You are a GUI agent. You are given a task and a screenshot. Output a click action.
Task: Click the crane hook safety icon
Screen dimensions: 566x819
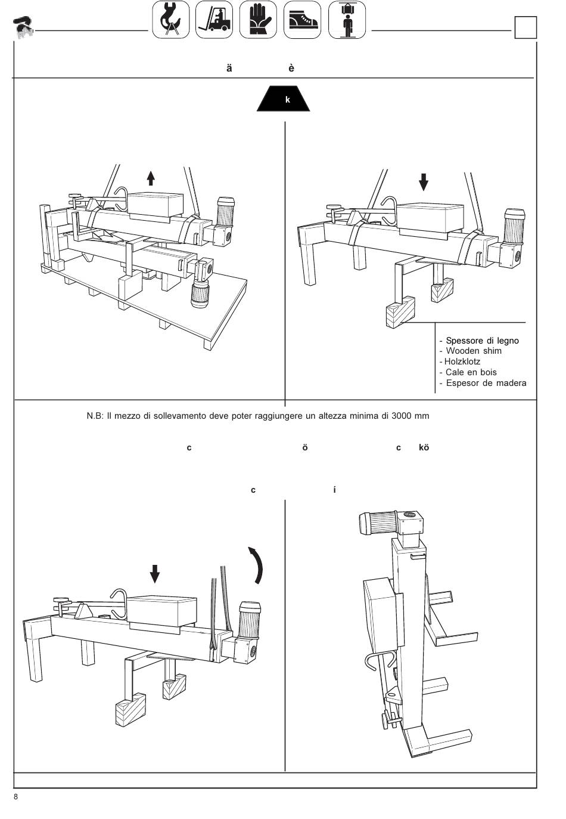point(170,20)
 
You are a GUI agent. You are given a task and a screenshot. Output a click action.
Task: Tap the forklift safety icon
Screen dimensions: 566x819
point(214,20)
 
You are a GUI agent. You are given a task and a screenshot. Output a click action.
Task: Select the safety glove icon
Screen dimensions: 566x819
point(258,20)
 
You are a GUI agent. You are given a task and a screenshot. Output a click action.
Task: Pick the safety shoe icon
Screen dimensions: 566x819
point(302,20)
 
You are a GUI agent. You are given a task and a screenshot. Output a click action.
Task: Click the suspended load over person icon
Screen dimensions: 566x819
point(347,20)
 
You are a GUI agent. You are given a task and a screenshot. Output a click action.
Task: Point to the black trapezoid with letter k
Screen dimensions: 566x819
point(284,98)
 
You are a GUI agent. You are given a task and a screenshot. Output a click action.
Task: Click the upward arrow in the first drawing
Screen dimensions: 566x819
point(151,178)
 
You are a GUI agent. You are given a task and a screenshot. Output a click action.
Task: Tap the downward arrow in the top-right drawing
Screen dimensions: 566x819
point(423,182)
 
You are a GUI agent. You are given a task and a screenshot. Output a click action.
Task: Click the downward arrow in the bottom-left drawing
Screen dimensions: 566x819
point(155,574)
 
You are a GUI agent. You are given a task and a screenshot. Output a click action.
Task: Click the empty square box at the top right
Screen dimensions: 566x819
point(525,27)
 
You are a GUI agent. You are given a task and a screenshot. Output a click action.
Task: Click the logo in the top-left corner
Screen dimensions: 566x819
point(23,27)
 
